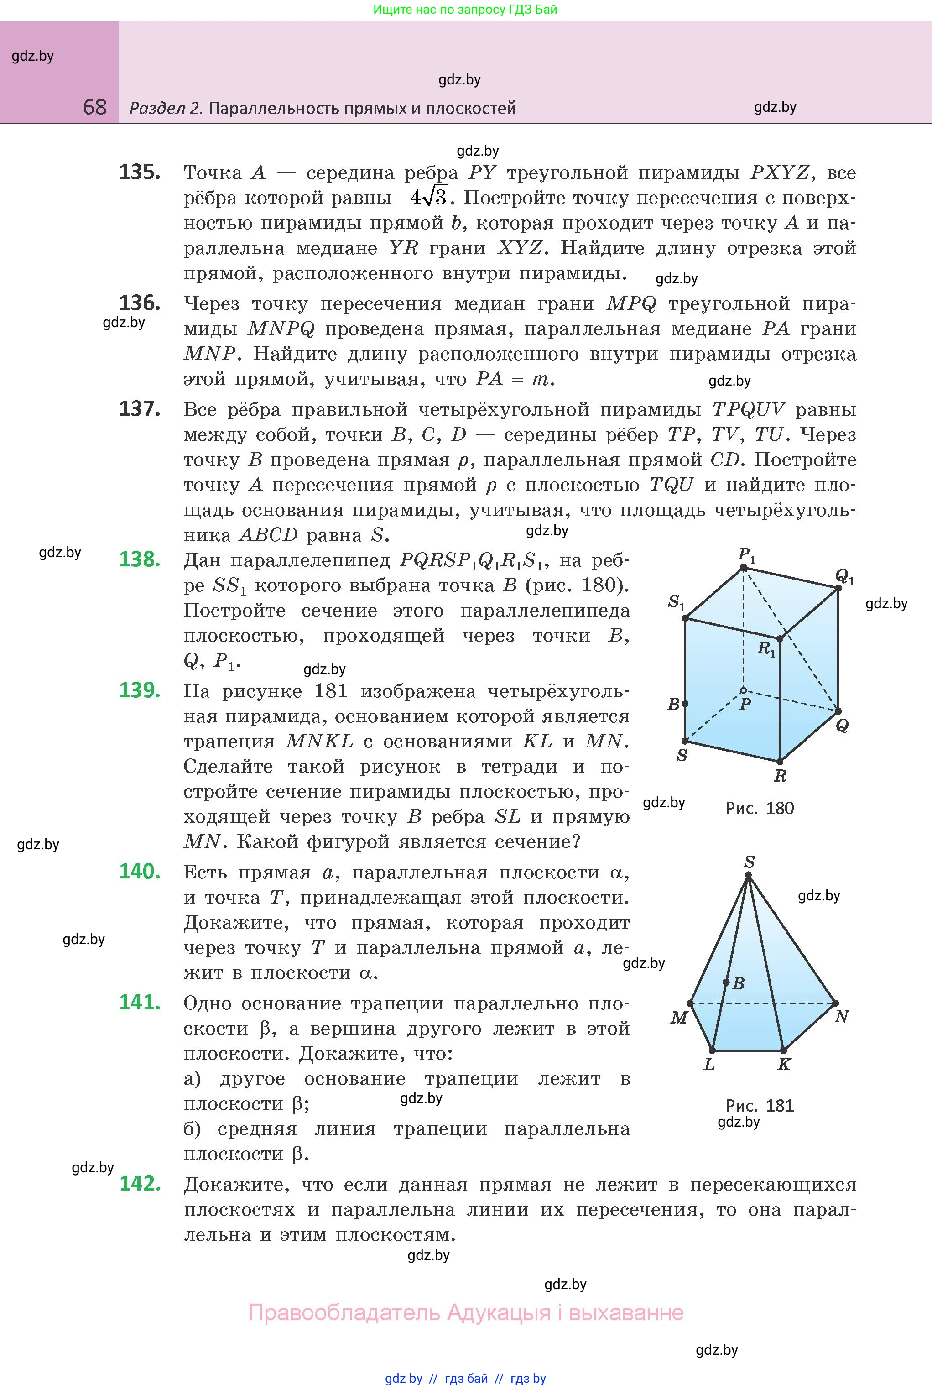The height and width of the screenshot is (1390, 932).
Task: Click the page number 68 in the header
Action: [x=95, y=107]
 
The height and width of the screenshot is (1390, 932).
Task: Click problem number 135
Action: [x=140, y=172]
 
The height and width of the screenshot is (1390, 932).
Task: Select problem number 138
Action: [x=140, y=559]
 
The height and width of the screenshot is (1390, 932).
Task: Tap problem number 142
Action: [x=140, y=1183]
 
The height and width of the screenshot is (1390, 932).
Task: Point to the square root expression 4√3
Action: [x=428, y=198]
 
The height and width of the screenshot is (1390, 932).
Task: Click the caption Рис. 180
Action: [x=760, y=808]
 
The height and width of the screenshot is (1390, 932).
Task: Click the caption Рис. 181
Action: [x=760, y=1105]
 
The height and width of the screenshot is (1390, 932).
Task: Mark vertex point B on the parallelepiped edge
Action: [x=685, y=704]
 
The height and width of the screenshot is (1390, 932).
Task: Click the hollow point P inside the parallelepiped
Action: [x=743, y=690]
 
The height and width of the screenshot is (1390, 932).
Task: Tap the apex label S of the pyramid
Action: [x=750, y=862]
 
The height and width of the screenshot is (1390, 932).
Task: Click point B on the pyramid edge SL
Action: [x=726, y=982]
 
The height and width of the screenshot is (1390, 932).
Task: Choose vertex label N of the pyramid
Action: [x=842, y=1017]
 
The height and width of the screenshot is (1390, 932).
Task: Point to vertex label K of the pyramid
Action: [x=785, y=1064]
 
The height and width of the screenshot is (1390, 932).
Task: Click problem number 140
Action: [x=140, y=871]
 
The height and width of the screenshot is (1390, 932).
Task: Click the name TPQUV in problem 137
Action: [x=748, y=410]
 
